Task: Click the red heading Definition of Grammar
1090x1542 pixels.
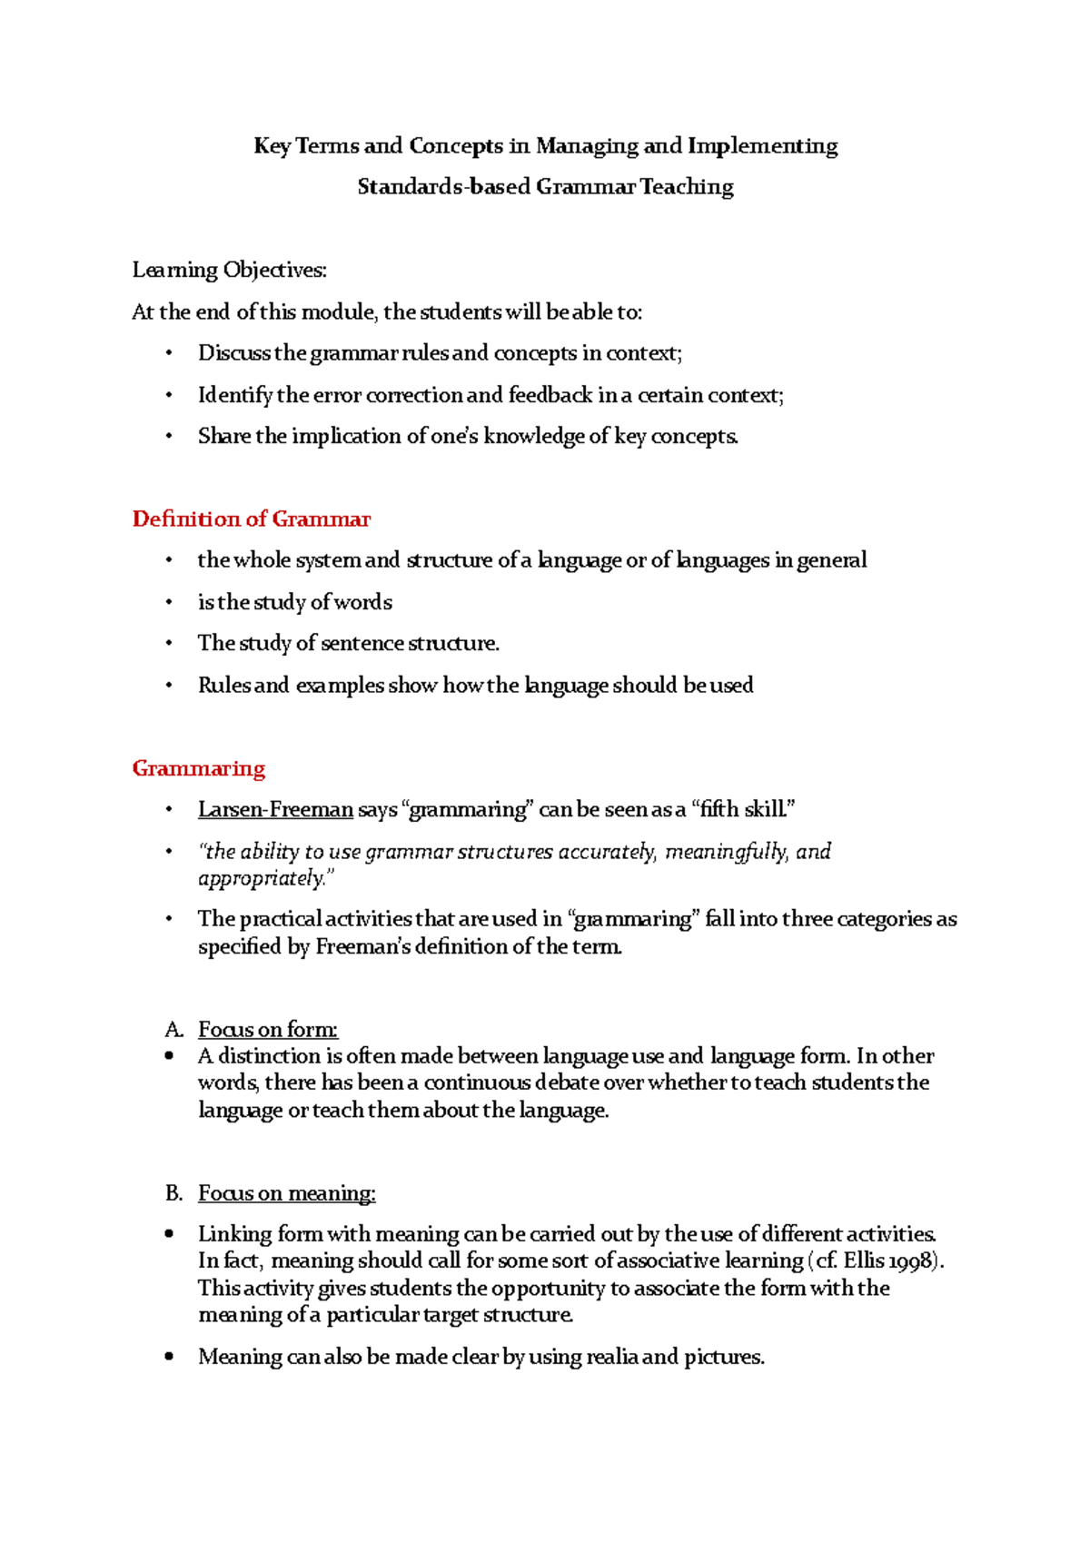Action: pyautogui.click(x=251, y=519)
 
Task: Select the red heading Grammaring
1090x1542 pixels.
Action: pyautogui.click(x=198, y=768)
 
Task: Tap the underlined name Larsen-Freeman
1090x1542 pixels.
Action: pyautogui.click(x=275, y=809)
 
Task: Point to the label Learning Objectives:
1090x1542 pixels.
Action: pyautogui.click(x=229, y=270)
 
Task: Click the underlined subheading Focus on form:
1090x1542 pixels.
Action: pyautogui.click(x=268, y=1029)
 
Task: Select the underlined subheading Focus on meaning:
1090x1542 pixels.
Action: pyautogui.click(x=287, y=1192)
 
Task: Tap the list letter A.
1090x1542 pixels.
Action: pyautogui.click(x=173, y=1029)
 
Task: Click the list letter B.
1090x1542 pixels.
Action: pyautogui.click(x=173, y=1192)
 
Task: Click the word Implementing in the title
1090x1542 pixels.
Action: pyautogui.click(x=762, y=146)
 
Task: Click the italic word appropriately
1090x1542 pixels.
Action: pyautogui.click(x=261, y=878)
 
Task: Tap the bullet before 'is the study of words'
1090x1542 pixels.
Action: pyautogui.click(x=169, y=602)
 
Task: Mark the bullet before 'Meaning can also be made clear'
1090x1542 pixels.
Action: pyautogui.click(x=169, y=1357)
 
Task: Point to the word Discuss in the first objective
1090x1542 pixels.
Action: pyautogui.click(x=233, y=353)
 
